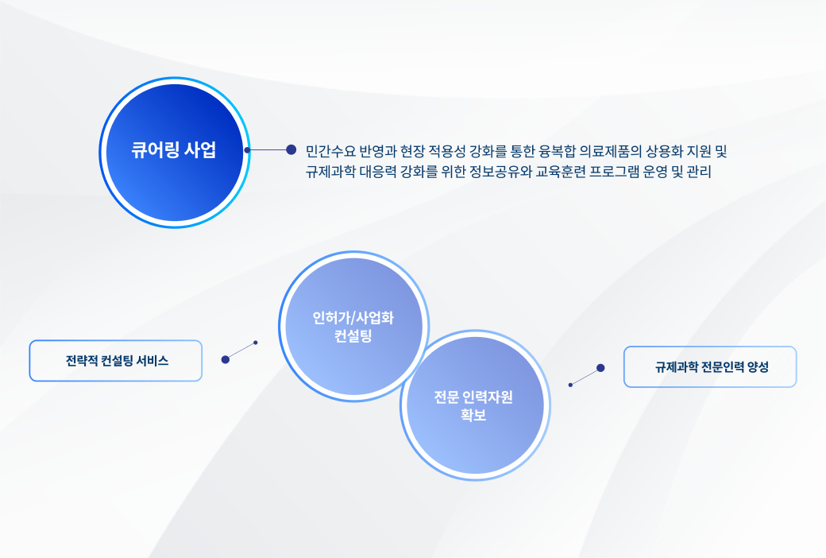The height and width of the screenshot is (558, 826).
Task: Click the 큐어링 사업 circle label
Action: pos(174,150)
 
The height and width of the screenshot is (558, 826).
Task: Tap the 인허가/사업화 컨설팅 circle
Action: pos(354,327)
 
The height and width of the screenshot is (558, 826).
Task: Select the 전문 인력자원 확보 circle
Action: pos(475,405)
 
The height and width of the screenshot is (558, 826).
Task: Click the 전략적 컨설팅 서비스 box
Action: pos(115,361)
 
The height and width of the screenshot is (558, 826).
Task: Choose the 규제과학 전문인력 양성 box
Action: pos(710,367)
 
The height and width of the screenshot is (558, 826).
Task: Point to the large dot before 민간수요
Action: pos(291,149)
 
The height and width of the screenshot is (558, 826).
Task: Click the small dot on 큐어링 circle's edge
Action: pos(247,150)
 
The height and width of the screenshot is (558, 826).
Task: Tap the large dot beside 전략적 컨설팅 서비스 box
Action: pos(226,360)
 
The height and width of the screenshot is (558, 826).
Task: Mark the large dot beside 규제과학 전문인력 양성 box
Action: pos(600,368)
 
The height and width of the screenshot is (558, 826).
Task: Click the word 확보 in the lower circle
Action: pos(473,415)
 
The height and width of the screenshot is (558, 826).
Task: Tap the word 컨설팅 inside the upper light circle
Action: pos(353,336)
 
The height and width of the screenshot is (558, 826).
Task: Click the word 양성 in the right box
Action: pos(758,367)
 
